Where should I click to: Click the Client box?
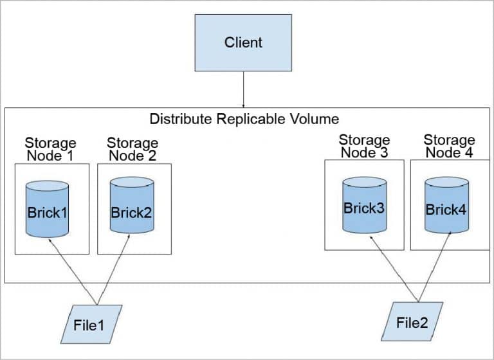[x=243, y=43]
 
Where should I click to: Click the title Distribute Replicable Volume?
[x=244, y=119]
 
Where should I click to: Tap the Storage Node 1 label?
[x=50, y=148]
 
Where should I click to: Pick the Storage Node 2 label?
[x=132, y=148]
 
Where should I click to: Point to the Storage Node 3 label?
[x=364, y=146]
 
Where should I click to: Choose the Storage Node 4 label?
[x=450, y=146]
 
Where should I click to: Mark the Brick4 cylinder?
[x=446, y=207]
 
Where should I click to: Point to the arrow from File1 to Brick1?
[x=72, y=270]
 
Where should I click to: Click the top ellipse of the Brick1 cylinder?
[x=47, y=186]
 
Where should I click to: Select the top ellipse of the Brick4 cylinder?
[x=446, y=183]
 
